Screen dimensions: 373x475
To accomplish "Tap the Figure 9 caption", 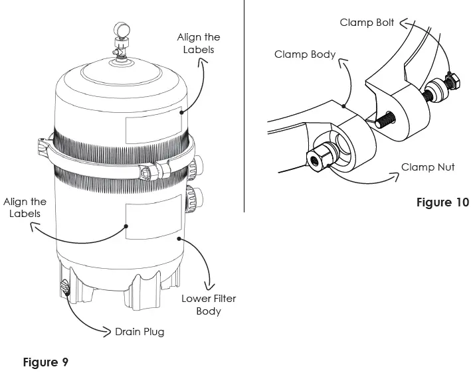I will coord(45,362).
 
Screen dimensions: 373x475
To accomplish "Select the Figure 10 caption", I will coord(442,202).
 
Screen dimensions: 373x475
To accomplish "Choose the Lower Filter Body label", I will coord(209,305).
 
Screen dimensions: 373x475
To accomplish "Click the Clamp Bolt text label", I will coord(367,23).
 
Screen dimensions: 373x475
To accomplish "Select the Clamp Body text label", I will coord(305,54).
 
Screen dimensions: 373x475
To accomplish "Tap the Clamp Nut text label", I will coord(428,167).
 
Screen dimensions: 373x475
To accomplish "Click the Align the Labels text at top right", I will coord(198,43).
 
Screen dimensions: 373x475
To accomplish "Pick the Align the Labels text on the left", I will coord(25,208).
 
